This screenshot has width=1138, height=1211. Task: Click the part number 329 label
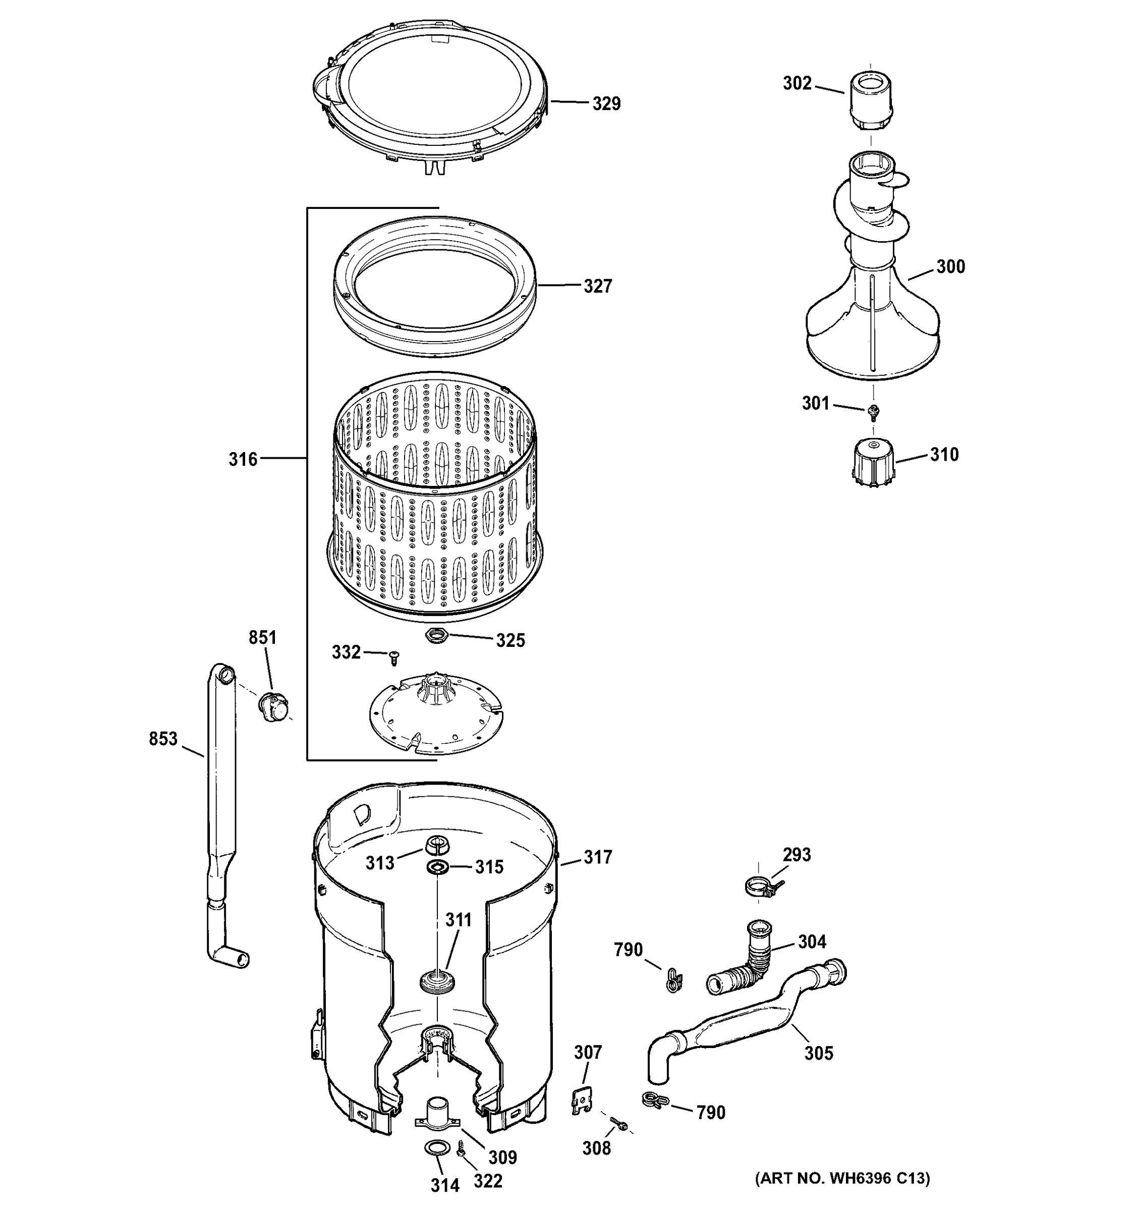coord(606,103)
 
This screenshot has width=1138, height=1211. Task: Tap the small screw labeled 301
coord(874,412)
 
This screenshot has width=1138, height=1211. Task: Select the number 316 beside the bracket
coord(243,459)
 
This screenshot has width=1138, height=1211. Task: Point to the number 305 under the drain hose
coord(818,1053)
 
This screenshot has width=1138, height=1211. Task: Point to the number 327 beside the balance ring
coord(597,286)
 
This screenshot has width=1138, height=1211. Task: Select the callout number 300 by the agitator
coord(950,266)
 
